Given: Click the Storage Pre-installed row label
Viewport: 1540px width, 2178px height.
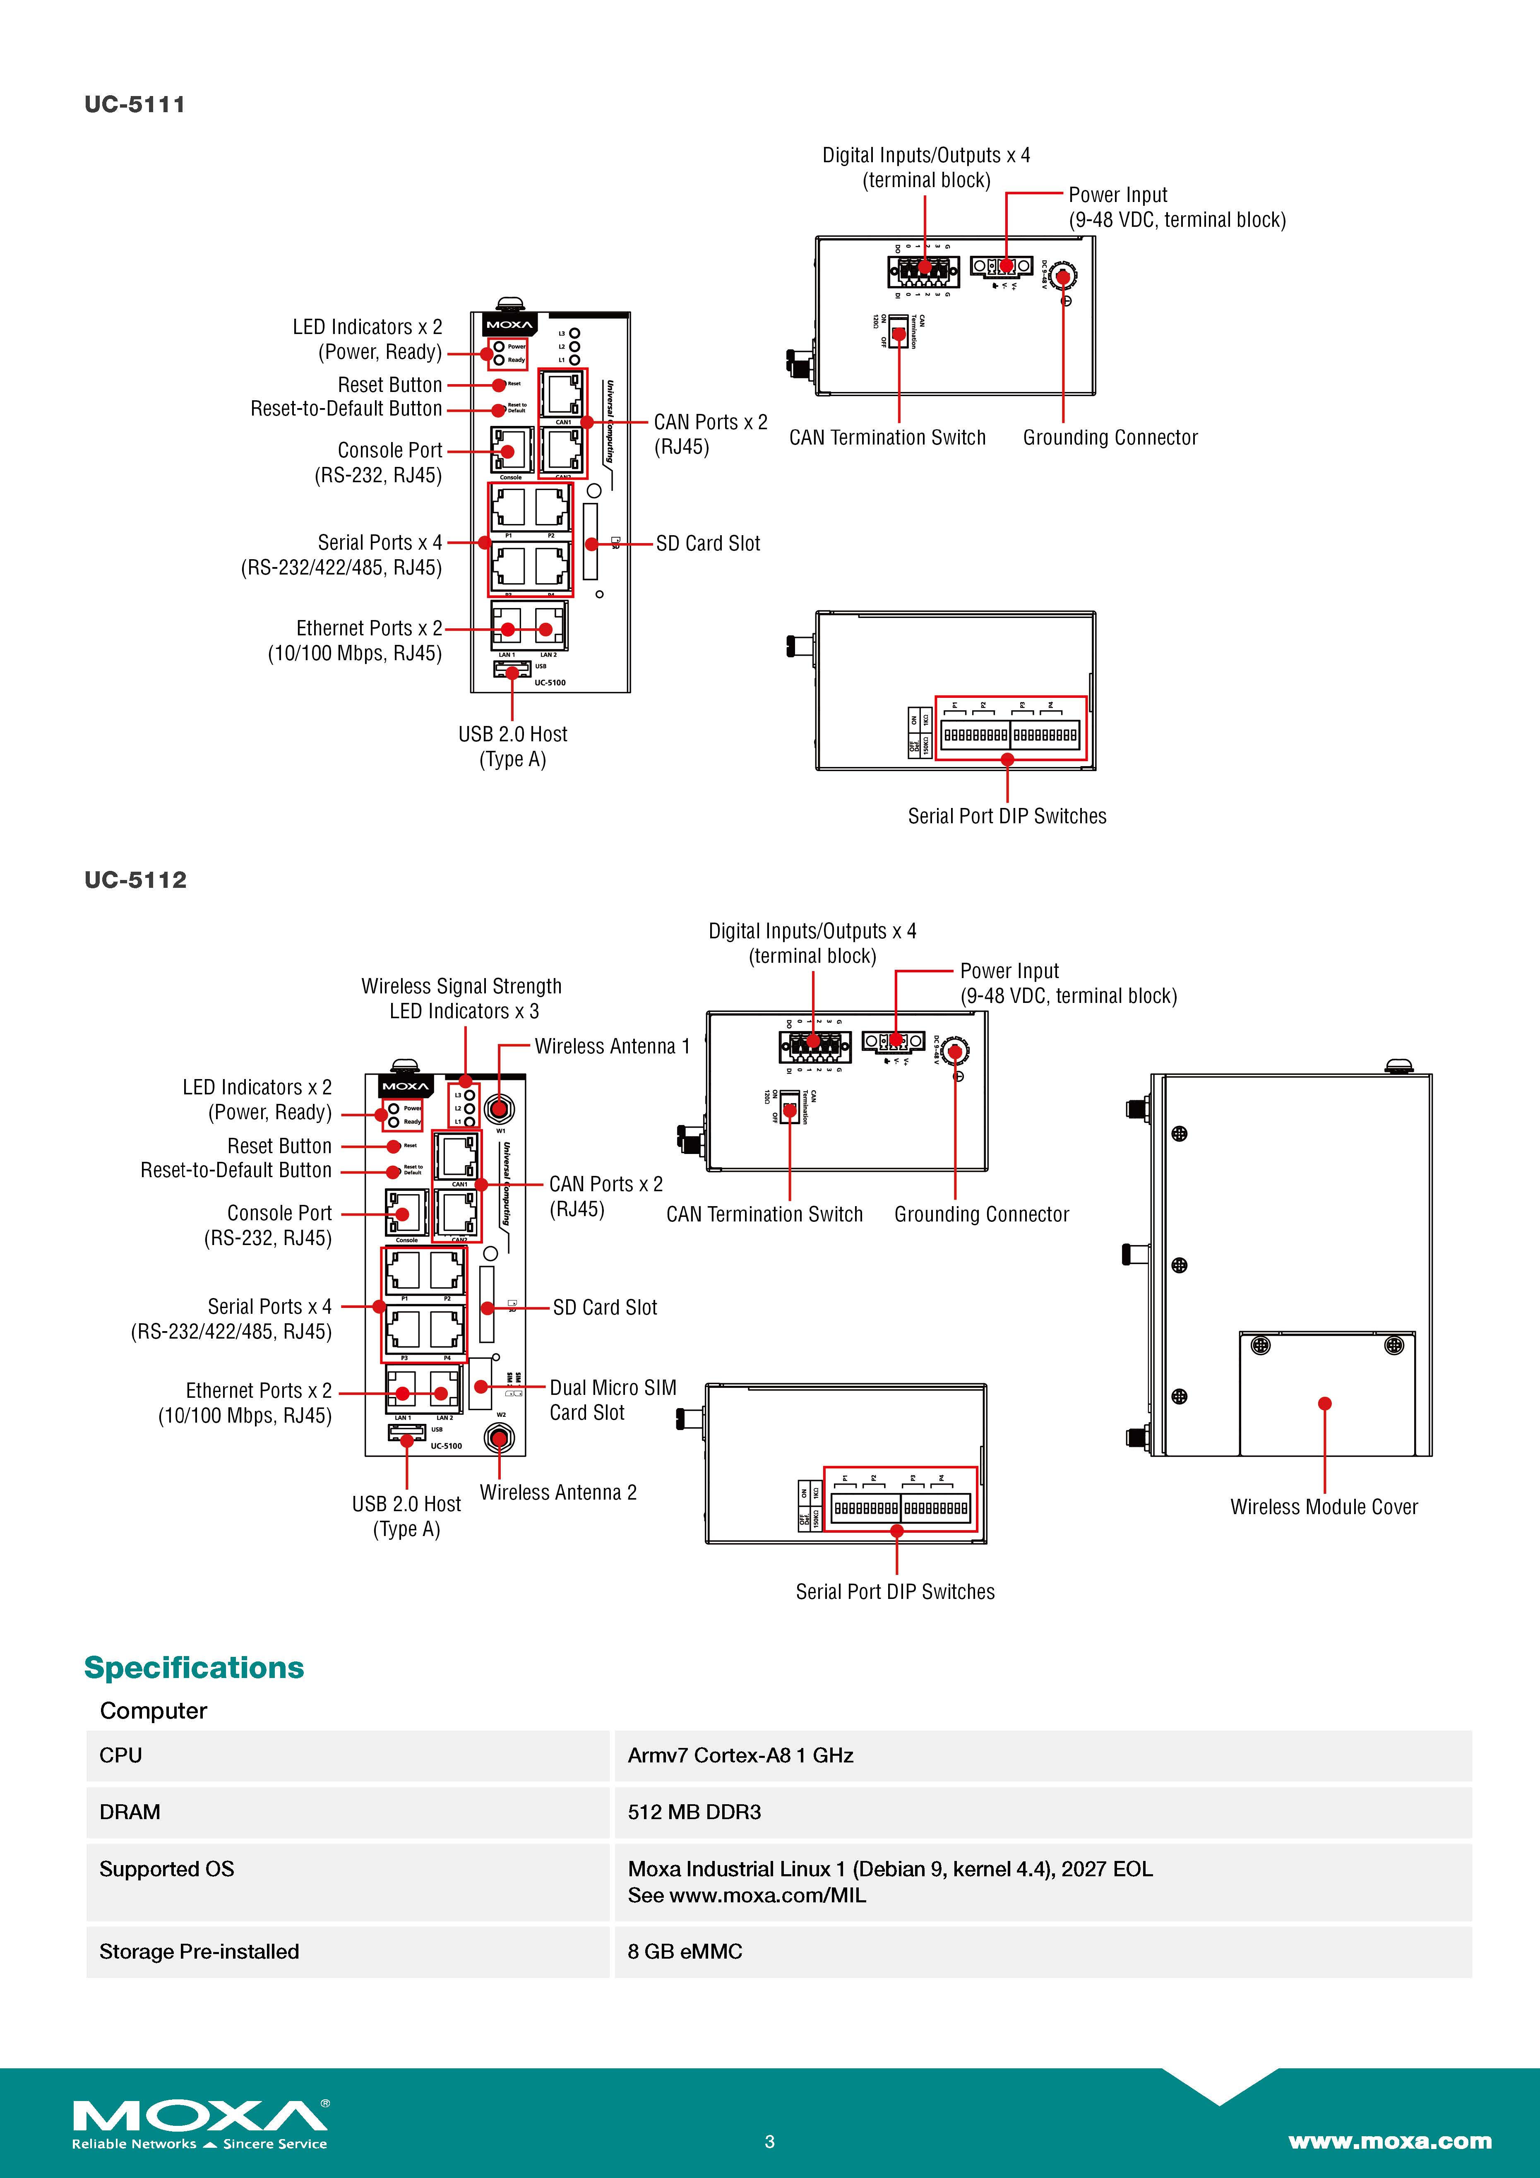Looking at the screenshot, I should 199,1951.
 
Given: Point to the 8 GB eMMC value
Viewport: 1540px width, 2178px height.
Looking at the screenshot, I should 685,1951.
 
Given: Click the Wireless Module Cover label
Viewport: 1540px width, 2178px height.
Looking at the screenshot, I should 1324,1506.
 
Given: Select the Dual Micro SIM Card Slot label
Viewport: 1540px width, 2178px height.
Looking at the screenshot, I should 613,1400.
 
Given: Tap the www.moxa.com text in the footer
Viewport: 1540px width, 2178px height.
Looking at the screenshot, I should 1389,2141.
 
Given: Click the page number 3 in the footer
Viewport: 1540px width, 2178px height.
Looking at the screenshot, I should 769,2141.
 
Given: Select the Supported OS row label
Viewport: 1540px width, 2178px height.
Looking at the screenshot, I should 167,1869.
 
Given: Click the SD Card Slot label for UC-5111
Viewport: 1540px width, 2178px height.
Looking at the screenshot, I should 707,543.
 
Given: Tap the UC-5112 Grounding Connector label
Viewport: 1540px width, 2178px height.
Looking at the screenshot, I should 981,1214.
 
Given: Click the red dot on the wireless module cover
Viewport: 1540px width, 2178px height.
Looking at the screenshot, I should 1325,1403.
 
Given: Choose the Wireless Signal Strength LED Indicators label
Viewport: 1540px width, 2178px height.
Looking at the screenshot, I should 462,998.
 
